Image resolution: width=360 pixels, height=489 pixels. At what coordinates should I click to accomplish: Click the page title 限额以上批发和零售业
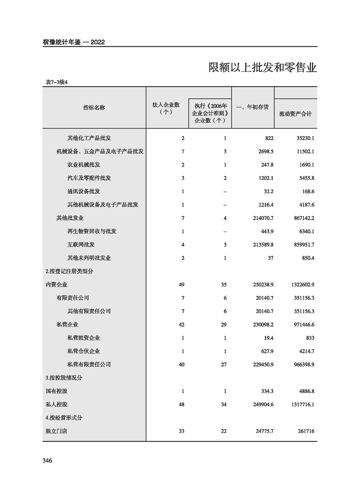pos(262,68)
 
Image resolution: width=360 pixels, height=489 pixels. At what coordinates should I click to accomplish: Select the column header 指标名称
pos(94,108)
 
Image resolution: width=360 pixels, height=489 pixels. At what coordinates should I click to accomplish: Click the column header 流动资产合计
pos(296,114)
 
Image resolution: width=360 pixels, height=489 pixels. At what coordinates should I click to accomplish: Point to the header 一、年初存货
pos(252,108)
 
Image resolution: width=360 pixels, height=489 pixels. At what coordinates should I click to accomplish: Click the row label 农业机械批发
pos(84,164)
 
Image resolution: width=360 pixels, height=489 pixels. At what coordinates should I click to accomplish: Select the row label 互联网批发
pos(81,245)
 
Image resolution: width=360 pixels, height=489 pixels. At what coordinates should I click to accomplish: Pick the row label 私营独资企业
pos(84,338)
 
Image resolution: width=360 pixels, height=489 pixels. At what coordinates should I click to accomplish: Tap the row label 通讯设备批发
pos(84,191)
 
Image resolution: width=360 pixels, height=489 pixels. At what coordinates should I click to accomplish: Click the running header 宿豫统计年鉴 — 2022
pos(74,42)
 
